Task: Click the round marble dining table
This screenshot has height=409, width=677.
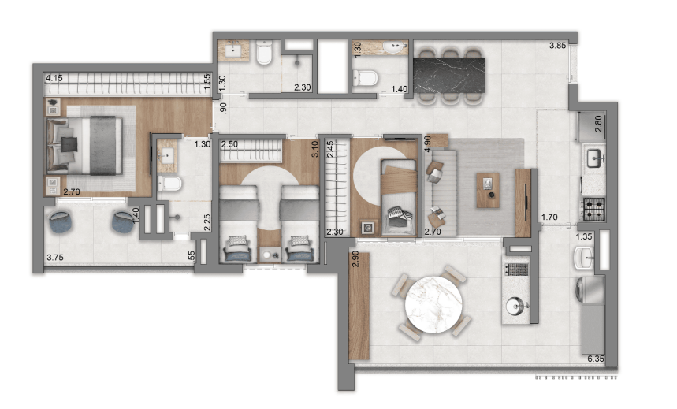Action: (433, 304)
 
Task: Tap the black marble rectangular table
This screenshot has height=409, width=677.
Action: (449, 76)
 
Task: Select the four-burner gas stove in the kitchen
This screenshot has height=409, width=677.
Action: (594, 210)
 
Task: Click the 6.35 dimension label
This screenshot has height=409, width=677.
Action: (595, 359)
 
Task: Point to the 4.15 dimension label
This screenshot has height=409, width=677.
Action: (54, 78)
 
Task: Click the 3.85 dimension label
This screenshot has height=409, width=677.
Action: (557, 46)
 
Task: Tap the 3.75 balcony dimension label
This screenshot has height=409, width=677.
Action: (55, 258)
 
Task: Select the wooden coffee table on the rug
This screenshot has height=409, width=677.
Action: (488, 191)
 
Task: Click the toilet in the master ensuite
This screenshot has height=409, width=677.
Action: (169, 184)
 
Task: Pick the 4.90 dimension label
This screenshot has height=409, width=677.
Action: (427, 143)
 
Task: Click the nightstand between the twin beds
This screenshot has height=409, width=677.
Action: (269, 254)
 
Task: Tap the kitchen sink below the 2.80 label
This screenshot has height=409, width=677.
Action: (594, 158)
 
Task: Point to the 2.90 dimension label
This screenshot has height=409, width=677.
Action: (355, 258)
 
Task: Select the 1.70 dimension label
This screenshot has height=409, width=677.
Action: (549, 218)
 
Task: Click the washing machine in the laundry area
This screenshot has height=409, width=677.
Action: (590, 290)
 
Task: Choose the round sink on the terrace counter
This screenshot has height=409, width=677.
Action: (516, 306)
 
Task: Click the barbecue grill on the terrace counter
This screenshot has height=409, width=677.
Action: (516, 270)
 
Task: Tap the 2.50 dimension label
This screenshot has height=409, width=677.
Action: (229, 144)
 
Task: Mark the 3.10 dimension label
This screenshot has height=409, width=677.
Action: (314, 149)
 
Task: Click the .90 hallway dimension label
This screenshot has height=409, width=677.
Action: (223, 108)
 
